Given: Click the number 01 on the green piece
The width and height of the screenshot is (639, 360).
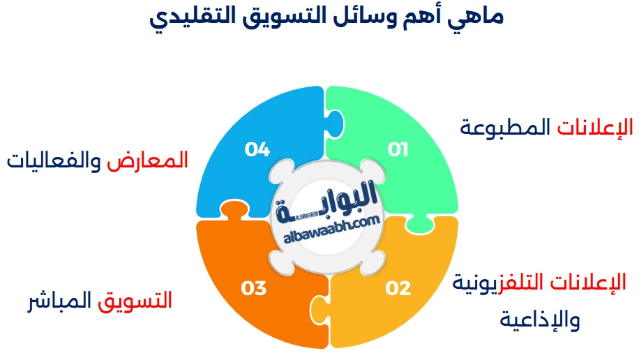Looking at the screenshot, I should [x=398, y=149].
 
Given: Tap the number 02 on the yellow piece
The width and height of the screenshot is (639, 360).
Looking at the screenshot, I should [x=398, y=287].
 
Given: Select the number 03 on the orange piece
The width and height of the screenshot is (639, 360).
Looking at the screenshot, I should [x=254, y=287].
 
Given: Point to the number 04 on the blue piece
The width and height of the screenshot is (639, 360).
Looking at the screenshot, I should [x=257, y=149].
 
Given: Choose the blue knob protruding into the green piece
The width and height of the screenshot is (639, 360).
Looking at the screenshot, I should [x=336, y=122].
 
